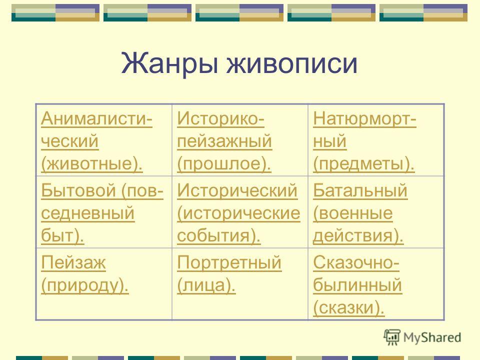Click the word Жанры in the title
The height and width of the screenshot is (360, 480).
(169, 63)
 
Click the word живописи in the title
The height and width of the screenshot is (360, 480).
(291, 63)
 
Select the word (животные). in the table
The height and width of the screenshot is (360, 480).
(92, 163)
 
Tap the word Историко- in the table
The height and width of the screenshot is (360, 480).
(220, 118)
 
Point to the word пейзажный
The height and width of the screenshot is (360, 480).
(224, 141)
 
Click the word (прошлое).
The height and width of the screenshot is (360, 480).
(224, 163)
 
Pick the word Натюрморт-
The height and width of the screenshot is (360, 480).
(364, 119)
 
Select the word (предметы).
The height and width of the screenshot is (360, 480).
(363, 164)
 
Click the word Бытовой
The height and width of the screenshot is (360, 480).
(78, 190)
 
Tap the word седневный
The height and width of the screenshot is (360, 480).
(87, 213)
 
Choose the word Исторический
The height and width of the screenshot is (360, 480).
(237, 190)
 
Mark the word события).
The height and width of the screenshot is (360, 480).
(219, 235)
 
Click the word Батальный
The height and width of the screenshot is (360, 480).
(360, 190)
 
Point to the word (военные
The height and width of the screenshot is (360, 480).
(352, 213)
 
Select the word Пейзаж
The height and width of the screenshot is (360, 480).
(73, 262)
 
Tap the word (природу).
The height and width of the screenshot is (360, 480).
(85, 285)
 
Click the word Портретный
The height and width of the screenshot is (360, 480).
(229, 263)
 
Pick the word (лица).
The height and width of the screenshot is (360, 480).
(206, 285)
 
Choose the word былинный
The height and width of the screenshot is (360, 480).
(357, 285)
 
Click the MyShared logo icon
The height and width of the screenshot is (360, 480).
(392, 337)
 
